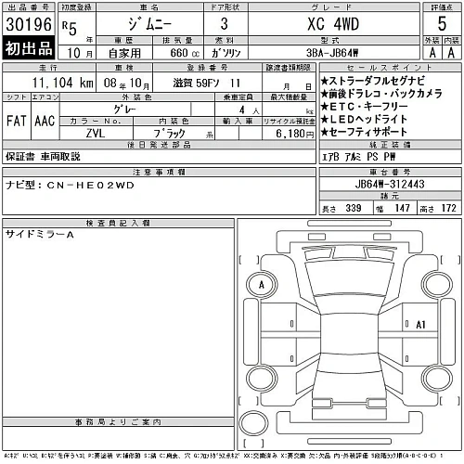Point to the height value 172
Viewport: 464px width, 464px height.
(x=450, y=210)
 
